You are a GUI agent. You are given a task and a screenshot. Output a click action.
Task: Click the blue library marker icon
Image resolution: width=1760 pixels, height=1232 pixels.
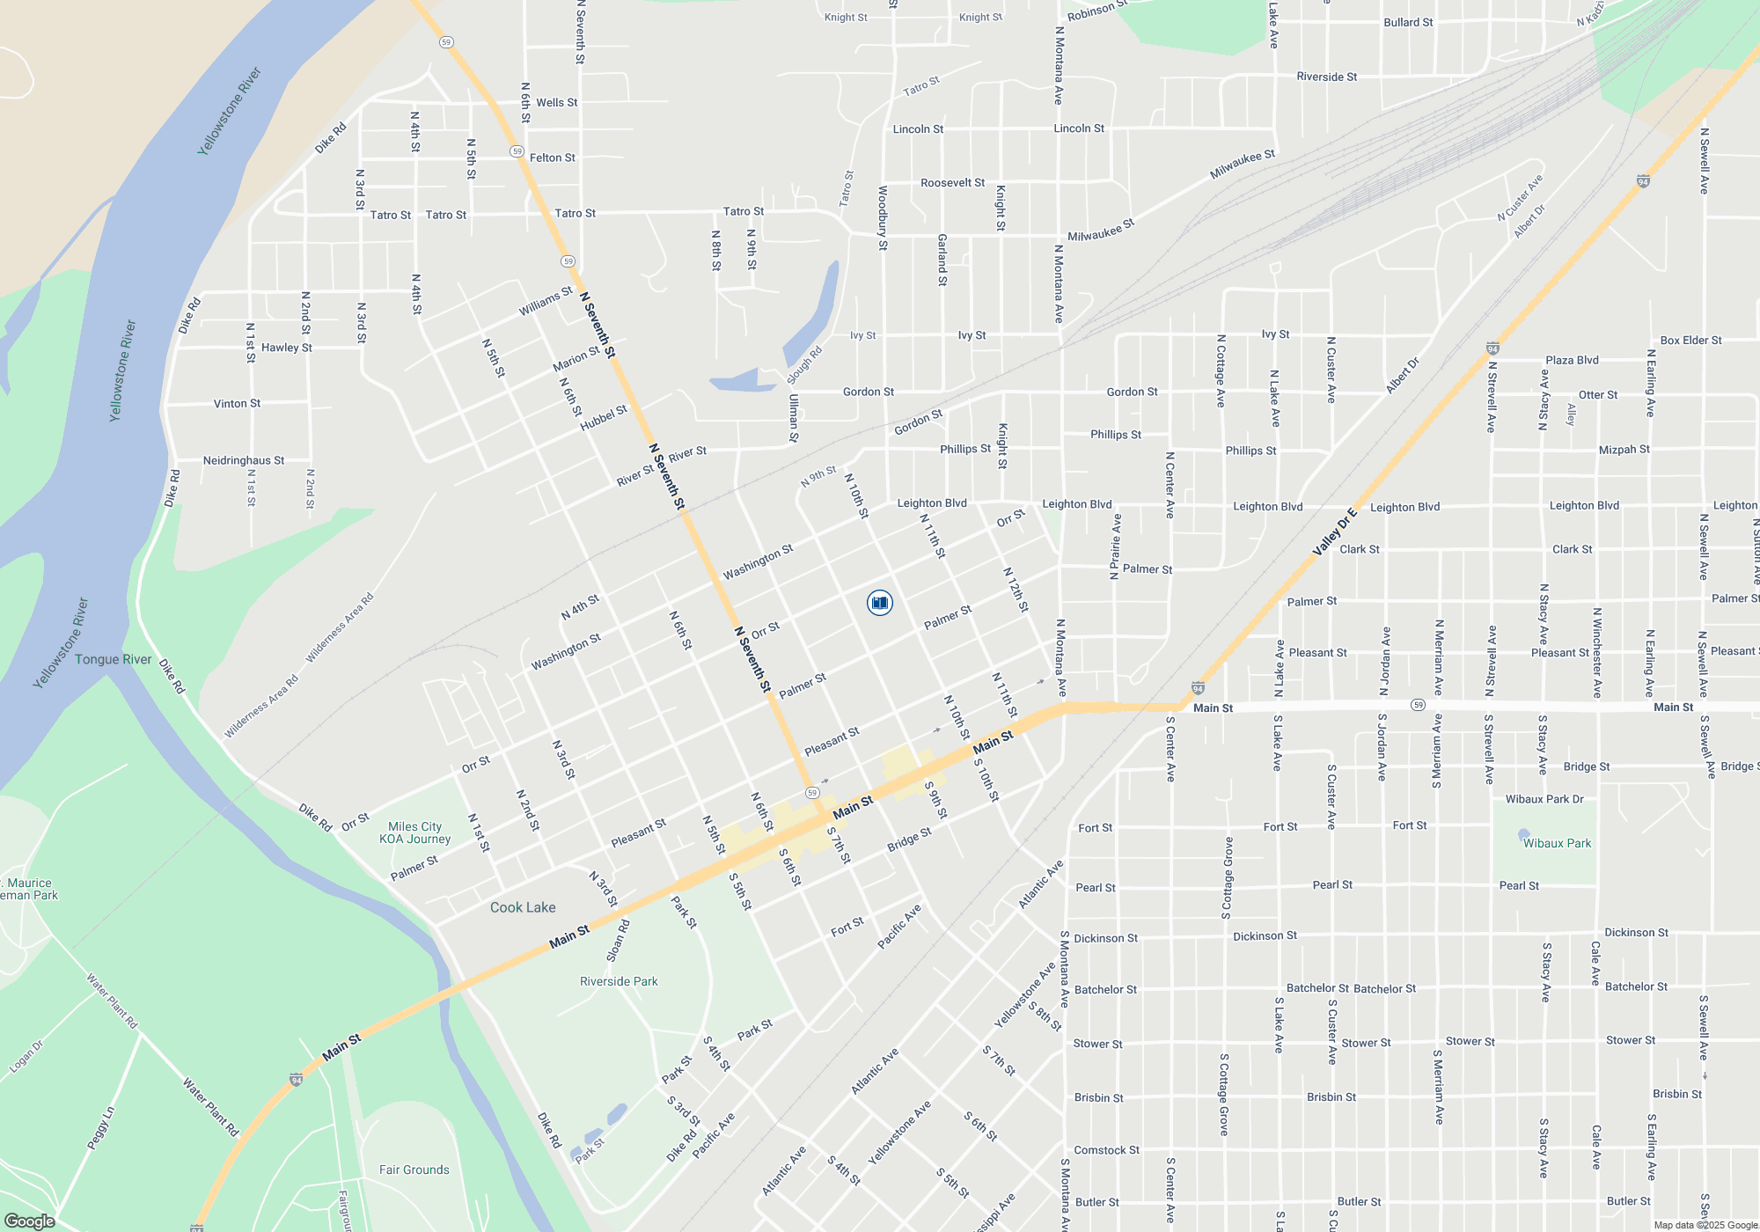pyautogui.click(x=879, y=603)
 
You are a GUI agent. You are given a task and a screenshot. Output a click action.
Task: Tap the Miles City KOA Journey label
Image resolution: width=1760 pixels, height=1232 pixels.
pyautogui.click(x=415, y=832)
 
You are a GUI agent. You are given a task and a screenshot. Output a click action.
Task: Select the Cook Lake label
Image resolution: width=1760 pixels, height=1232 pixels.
pyautogui.click(x=523, y=907)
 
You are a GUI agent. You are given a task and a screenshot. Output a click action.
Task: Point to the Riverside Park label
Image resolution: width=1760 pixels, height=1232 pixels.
pyautogui.click(x=619, y=981)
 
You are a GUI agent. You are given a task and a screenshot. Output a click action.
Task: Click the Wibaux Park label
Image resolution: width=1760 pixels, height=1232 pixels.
pyautogui.click(x=1557, y=843)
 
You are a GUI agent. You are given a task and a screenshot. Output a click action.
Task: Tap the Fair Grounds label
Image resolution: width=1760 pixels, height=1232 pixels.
pyautogui.click(x=414, y=1170)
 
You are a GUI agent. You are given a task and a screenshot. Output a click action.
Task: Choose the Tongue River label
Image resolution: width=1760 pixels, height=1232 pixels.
pyautogui.click(x=114, y=659)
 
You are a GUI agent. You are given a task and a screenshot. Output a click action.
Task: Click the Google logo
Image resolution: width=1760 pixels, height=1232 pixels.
pyautogui.click(x=29, y=1221)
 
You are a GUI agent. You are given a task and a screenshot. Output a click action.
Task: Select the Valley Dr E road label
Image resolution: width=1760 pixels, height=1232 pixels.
pyautogui.click(x=1335, y=532)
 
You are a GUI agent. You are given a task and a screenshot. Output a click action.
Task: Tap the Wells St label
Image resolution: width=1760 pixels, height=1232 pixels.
pyautogui.click(x=557, y=102)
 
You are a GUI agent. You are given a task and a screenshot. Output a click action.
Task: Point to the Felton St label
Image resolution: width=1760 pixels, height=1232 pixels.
pyautogui.click(x=553, y=158)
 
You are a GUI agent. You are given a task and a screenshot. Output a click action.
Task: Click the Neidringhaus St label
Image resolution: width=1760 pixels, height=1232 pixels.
pyautogui.click(x=244, y=460)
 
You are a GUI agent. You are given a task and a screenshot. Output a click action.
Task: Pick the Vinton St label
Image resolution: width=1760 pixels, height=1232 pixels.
pyautogui.click(x=238, y=404)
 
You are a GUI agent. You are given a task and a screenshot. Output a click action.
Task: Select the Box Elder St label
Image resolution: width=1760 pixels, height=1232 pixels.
pyautogui.click(x=1691, y=340)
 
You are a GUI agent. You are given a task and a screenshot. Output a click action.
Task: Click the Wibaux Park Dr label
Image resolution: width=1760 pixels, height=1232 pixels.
pyautogui.click(x=1544, y=799)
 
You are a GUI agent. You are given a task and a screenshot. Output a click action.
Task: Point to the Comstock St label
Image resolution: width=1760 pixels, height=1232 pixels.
pyautogui.click(x=1106, y=1150)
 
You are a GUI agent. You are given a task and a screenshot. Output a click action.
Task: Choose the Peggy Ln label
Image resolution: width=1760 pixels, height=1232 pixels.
pyautogui.click(x=100, y=1128)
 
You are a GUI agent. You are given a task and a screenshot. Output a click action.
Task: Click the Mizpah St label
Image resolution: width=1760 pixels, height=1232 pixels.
pyautogui.click(x=1624, y=449)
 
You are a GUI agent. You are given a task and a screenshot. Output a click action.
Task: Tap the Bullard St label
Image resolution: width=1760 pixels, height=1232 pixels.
pyautogui.click(x=1408, y=22)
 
